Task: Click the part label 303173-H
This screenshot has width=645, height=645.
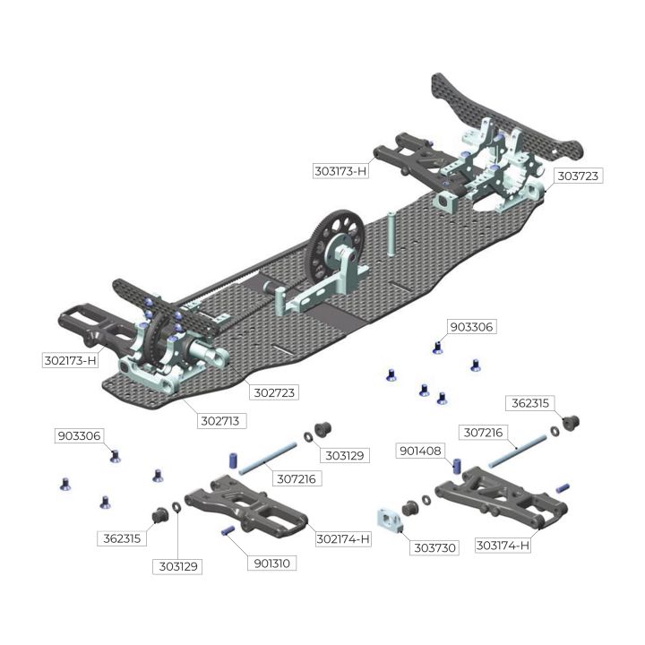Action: coord(340,171)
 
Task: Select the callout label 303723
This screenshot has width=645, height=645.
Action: coord(578,176)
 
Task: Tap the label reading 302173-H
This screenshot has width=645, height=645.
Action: coord(70,360)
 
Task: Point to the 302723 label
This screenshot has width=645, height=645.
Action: coord(274,392)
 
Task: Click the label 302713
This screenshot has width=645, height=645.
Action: coord(220,421)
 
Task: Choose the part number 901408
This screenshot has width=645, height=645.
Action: coord(420,451)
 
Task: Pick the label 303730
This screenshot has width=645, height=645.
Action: coord(434,547)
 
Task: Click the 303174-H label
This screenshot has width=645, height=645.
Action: coord(503,546)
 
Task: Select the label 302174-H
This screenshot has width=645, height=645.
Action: coord(343,539)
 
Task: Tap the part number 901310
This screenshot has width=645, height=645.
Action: coord(271,563)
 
